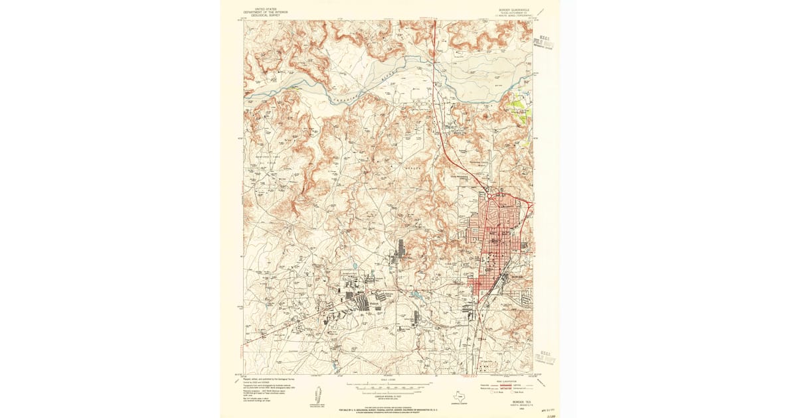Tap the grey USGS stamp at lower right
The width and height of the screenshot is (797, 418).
545,358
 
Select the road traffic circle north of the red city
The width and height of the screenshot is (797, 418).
489,195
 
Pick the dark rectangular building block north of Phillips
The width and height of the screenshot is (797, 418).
400,249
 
